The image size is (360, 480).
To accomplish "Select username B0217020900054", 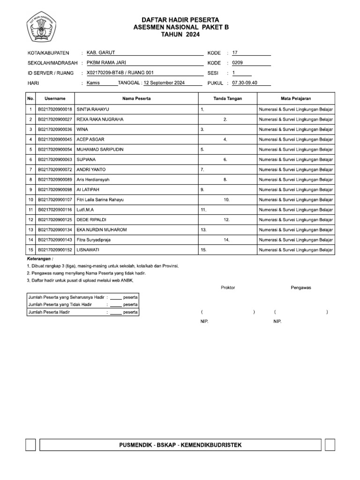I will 55,150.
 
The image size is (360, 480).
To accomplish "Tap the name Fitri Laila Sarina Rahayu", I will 100,200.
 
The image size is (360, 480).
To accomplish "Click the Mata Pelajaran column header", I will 296,98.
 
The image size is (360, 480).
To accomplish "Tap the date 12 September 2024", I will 164,83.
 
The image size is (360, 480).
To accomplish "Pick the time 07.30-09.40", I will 245,83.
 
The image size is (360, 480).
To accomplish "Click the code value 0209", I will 238,63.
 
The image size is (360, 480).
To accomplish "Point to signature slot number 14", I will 226,240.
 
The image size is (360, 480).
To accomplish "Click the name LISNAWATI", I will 88,250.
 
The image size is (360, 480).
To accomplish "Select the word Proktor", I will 227,287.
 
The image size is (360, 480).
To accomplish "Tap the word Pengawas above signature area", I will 301,287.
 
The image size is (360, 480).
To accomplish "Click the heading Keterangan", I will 40,258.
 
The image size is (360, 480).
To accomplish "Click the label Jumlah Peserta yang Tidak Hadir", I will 60,305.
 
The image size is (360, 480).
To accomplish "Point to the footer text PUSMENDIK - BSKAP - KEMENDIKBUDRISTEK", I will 180,445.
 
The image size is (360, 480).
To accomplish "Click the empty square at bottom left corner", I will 30,445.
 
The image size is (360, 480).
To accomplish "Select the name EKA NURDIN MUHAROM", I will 102,230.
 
